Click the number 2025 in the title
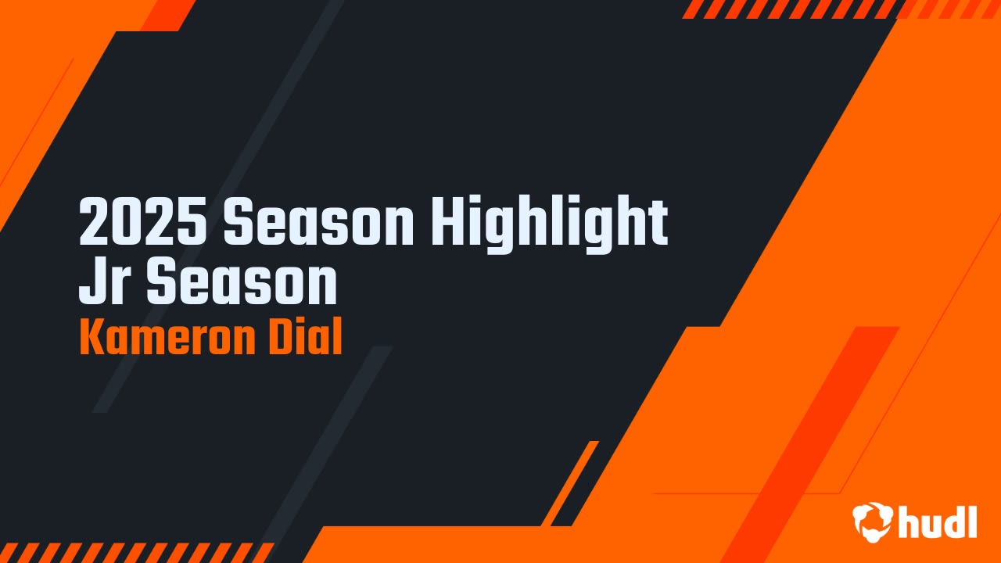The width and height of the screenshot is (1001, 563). [x=144, y=223]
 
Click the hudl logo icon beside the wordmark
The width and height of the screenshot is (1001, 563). [x=872, y=522]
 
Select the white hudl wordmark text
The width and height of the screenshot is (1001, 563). [x=938, y=522]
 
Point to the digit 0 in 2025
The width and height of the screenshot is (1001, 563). [x=127, y=223]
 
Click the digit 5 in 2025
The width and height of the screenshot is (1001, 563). [x=193, y=223]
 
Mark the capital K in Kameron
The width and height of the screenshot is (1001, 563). [x=91, y=338]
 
